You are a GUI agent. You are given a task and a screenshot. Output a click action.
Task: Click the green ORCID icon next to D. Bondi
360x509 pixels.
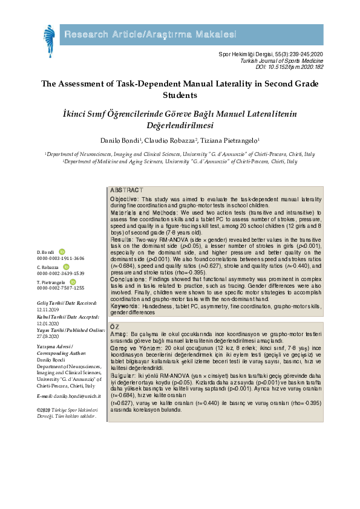(x=62, y=251)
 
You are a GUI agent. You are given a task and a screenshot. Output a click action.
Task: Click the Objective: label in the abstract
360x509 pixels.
(x=124, y=198)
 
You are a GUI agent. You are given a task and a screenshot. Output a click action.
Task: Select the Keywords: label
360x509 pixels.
(x=125, y=306)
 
